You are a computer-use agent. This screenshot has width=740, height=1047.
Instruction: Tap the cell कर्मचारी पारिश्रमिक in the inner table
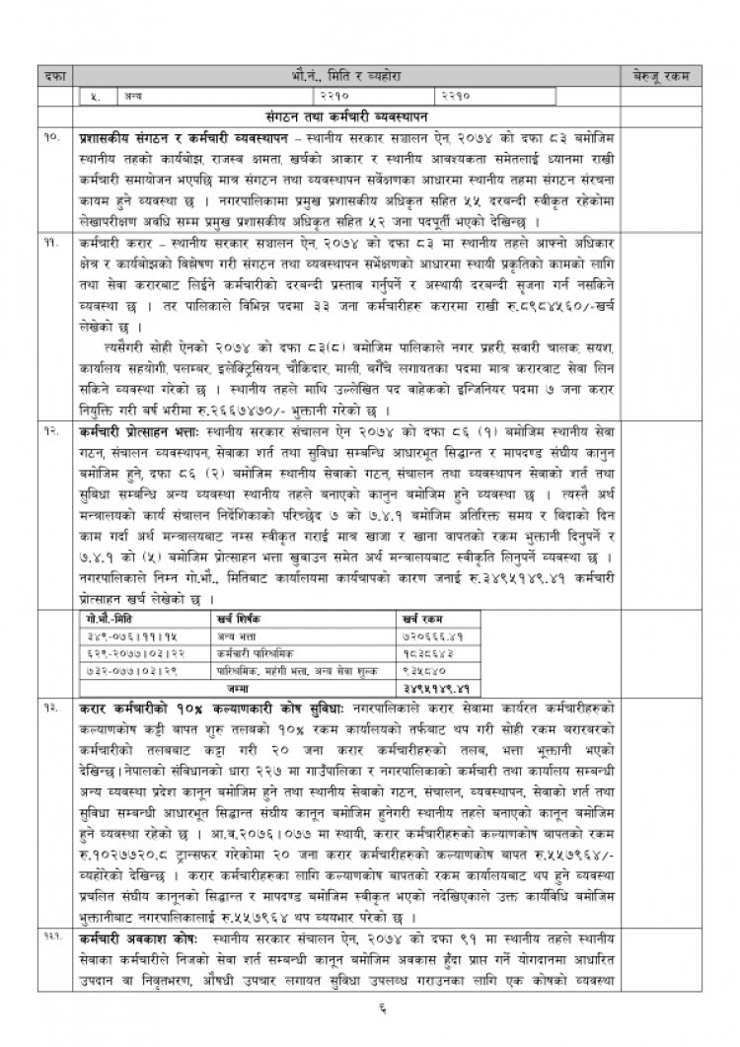[x=255, y=651]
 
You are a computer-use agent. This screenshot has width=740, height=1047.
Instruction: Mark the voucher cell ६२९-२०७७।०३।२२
[x=121, y=651]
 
